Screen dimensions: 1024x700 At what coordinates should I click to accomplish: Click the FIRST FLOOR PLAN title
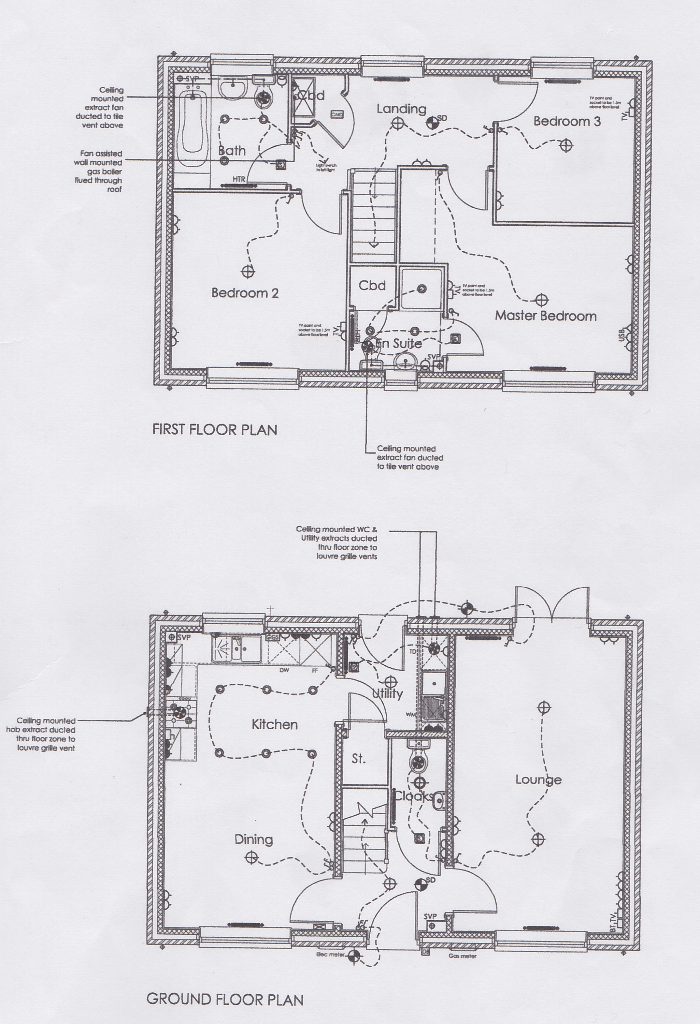point(215,430)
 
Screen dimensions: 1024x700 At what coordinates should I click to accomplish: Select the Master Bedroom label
point(546,316)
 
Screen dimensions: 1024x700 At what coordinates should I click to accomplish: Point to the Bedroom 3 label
point(566,122)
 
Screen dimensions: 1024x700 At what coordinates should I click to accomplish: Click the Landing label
point(401,109)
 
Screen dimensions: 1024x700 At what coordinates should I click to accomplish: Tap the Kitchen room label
point(274,724)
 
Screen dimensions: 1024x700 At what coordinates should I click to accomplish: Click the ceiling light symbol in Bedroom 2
point(248,272)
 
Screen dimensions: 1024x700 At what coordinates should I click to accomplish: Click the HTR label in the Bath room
point(239,179)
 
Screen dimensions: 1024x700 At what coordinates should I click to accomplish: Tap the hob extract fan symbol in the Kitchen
point(179,712)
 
